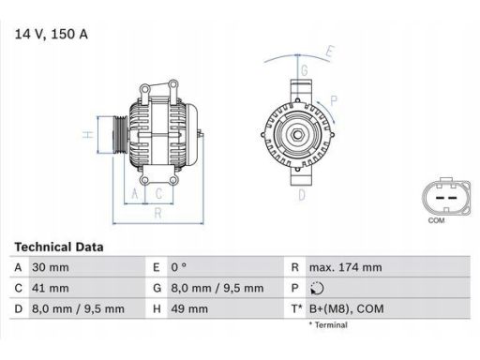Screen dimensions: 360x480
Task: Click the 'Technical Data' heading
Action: (x=59, y=247)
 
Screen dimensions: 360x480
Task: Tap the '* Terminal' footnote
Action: (x=328, y=325)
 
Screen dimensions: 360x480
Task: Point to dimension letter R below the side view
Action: (x=157, y=213)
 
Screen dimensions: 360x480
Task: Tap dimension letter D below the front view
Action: (x=301, y=195)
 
